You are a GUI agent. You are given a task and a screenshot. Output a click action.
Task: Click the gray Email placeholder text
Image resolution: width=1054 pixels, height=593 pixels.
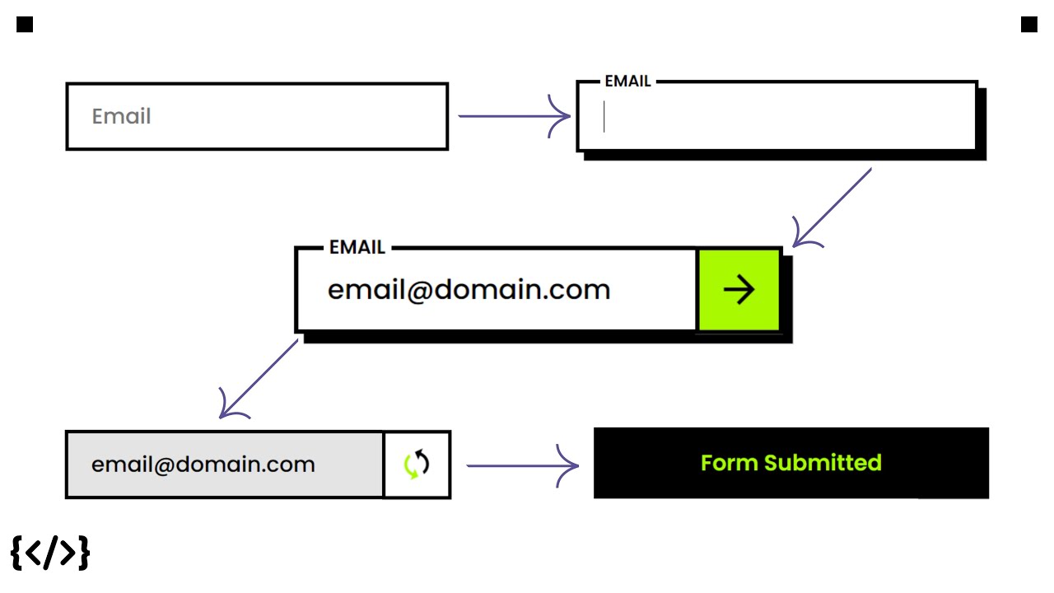tap(121, 117)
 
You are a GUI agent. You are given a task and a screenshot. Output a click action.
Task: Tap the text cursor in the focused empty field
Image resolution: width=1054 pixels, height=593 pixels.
tap(604, 117)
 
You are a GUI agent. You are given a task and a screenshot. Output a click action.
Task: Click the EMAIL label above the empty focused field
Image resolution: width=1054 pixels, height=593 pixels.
tap(627, 82)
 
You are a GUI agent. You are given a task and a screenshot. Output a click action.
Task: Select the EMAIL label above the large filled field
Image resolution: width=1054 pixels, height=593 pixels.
tap(357, 247)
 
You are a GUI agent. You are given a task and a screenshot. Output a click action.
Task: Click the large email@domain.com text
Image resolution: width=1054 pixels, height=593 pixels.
tap(469, 290)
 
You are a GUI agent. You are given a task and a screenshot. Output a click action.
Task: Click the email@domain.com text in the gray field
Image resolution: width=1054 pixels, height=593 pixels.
tap(203, 465)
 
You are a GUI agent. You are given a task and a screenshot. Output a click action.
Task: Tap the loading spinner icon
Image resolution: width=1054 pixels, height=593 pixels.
tap(417, 465)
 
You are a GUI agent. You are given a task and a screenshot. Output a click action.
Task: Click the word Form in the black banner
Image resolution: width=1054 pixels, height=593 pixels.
tap(730, 463)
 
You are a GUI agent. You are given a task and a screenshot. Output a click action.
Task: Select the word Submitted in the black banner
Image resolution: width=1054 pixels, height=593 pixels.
tap(823, 463)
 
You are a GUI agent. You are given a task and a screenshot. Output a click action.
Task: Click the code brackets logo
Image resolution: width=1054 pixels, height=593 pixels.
tap(50, 553)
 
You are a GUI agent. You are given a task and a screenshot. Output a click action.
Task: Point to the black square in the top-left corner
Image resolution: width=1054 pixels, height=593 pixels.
tap(25, 25)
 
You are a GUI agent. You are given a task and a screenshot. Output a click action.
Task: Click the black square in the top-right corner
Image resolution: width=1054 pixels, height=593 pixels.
tap(1028, 25)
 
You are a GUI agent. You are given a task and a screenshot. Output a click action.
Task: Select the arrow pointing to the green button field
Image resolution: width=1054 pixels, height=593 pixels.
tap(832, 207)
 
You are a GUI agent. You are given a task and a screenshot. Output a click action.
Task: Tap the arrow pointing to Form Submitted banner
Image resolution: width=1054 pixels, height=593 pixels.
tap(522, 466)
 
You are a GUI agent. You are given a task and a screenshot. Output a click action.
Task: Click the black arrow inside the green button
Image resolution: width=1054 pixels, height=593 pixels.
tap(739, 290)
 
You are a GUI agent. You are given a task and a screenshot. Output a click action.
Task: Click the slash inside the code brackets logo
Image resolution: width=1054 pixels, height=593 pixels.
tap(50, 553)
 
